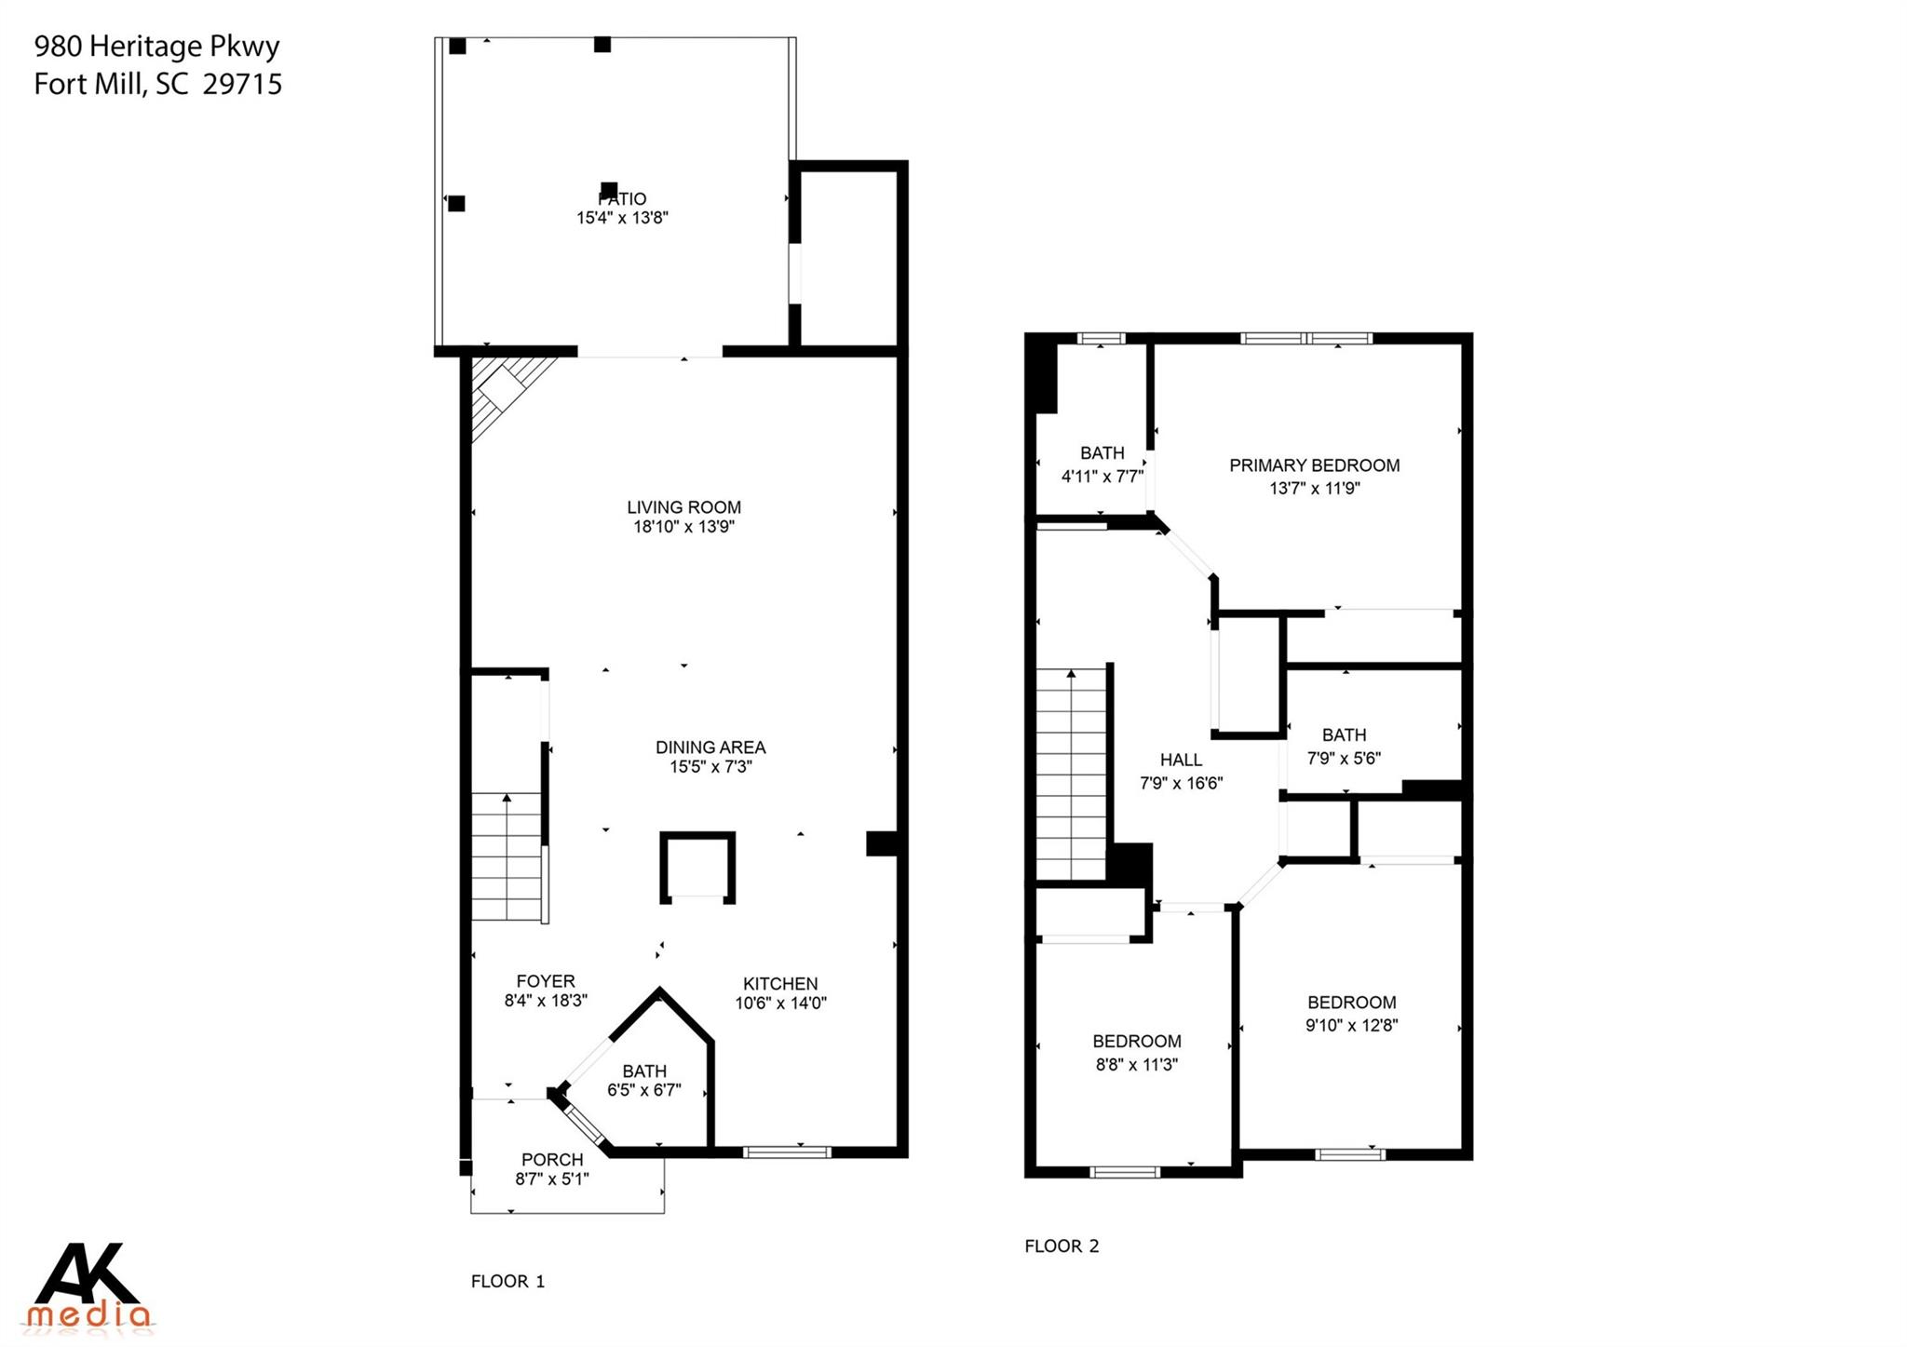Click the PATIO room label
pyautogui.click(x=622, y=199)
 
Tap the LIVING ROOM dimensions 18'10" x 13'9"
pyautogui.click(x=684, y=527)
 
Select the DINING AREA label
pyautogui.click(x=710, y=748)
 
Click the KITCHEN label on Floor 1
pyautogui.click(x=780, y=984)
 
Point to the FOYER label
pyautogui.click(x=546, y=981)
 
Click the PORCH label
pyautogui.click(x=552, y=1160)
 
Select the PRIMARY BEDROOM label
pyautogui.click(x=1314, y=465)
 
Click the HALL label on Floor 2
pyautogui.click(x=1181, y=761)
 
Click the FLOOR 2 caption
pyautogui.click(x=1062, y=1246)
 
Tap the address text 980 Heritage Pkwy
pyautogui.click(x=156, y=47)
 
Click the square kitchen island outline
pyautogui.click(x=697, y=867)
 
